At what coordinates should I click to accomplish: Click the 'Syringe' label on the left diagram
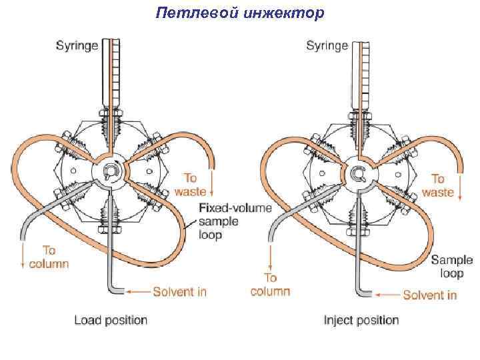pos(76,45)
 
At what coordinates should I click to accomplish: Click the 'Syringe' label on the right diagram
pos(327,45)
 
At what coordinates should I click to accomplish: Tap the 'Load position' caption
pos(111,320)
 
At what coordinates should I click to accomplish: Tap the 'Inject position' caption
pos(361,320)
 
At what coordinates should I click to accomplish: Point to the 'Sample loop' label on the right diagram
pos(451,267)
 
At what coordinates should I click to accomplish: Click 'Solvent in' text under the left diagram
pos(179,291)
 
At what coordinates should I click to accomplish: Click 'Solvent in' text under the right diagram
pos(430,294)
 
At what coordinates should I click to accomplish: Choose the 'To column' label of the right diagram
pos(270,284)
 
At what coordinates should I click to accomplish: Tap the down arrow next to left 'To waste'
pos(212,181)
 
